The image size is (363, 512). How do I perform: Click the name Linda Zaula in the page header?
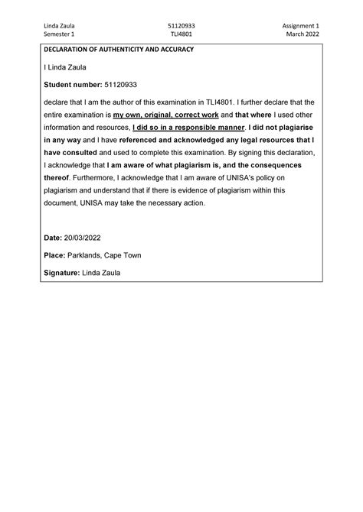point(58,25)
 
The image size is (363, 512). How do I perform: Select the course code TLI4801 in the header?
point(181,34)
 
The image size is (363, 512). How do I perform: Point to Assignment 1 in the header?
point(300,25)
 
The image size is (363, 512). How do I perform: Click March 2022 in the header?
point(302,34)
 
